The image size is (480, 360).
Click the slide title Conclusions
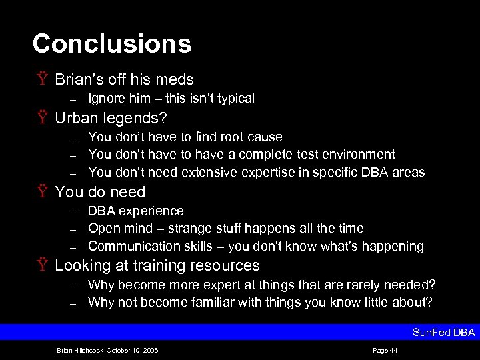coord(112,44)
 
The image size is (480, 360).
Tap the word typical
coord(234,99)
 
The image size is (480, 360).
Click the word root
coord(213,137)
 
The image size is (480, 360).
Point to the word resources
coord(225,265)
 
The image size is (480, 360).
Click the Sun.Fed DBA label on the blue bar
coord(443,332)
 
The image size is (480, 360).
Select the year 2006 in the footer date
coord(150,349)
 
